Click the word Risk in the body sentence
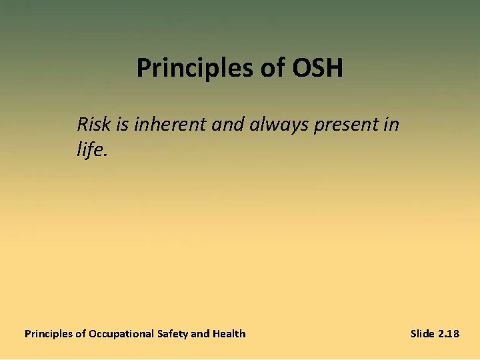(92, 124)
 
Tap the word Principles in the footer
(49, 333)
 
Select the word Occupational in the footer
(122, 333)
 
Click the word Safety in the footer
(173, 333)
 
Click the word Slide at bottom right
(422, 333)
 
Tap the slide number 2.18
(448, 333)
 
